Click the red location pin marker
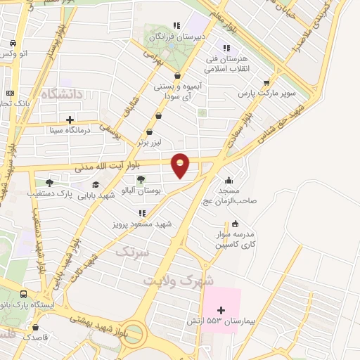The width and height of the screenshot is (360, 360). click(x=181, y=165)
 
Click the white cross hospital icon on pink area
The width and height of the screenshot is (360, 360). click(x=221, y=310)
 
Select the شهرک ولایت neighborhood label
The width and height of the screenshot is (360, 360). click(x=179, y=279)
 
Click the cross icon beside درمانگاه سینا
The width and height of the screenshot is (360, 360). click(x=69, y=119)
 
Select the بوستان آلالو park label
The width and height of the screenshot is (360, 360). click(x=141, y=190)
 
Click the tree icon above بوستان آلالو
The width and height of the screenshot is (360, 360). click(x=141, y=179)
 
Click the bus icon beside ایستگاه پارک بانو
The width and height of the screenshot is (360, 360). click(x=25, y=295)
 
